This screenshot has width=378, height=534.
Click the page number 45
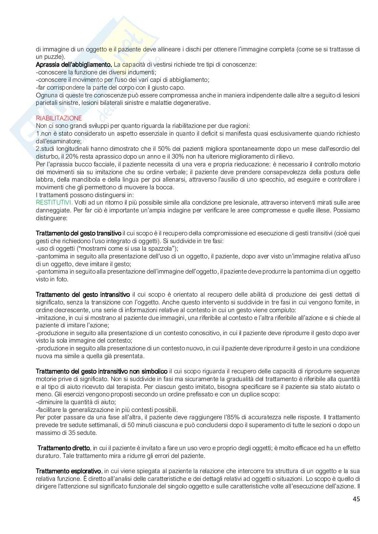(356, 499)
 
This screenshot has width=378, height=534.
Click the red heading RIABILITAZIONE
(59, 118)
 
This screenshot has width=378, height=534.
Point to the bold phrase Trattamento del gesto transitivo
(79, 233)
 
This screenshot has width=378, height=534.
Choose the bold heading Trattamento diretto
(64, 448)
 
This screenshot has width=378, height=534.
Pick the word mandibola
(77, 179)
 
